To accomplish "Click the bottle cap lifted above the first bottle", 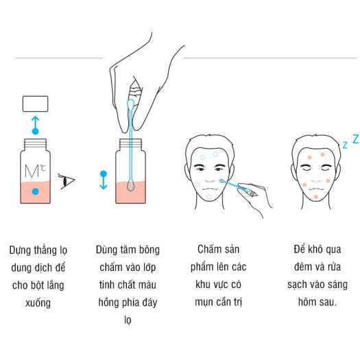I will pyautogui.click(x=36, y=104).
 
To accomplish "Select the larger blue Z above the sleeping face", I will pyautogui.click(x=355, y=139).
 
